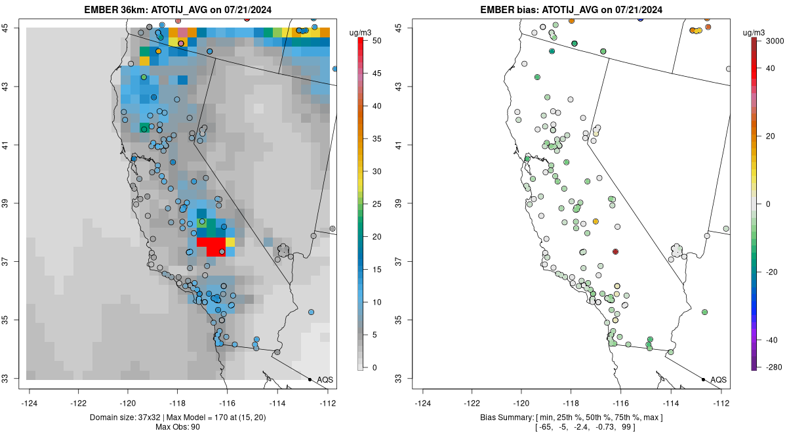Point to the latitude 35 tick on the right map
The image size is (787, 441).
[405, 320]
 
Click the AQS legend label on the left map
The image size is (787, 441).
[325, 380]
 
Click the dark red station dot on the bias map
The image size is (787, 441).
[615, 251]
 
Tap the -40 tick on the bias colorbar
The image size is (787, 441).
[773, 340]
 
